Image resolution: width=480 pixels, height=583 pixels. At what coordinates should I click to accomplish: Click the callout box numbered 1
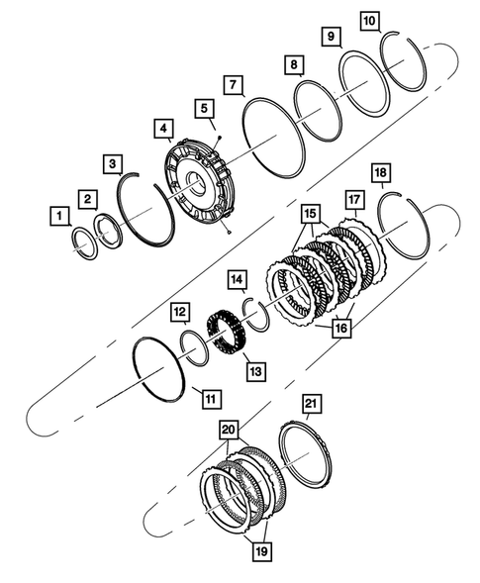[x=60, y=215]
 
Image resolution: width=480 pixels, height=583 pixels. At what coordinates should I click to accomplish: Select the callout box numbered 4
[x=161, y=129]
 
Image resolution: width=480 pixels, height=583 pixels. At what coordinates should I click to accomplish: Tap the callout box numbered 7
[x=233, y=85]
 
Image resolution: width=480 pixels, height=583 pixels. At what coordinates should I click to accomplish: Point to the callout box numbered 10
[x=369, y=20]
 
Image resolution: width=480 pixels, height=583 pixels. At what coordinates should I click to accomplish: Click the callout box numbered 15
[x=312, y=213]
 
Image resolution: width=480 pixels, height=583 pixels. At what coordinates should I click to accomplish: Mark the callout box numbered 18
[x=381, y=174]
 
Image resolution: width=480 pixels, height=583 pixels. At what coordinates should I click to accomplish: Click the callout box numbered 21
[x=312, y=403]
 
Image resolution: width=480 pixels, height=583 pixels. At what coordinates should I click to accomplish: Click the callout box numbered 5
[x=203, y=107]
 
